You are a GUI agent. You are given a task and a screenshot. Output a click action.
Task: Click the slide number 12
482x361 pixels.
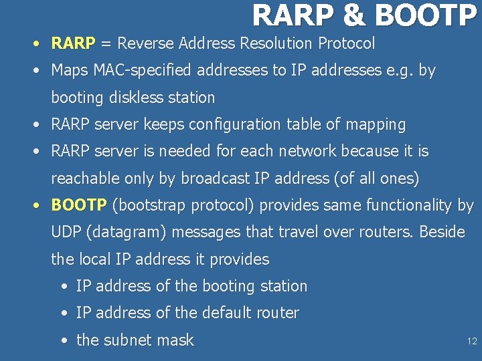[x=472, y=342]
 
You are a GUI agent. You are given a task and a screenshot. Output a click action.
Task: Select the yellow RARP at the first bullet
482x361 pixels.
[x=73, y=44]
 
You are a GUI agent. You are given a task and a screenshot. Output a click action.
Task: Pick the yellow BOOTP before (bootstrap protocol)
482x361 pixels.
[x=79, y=205]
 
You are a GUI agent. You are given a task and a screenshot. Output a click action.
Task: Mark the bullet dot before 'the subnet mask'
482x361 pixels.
[x=63, y=340]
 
